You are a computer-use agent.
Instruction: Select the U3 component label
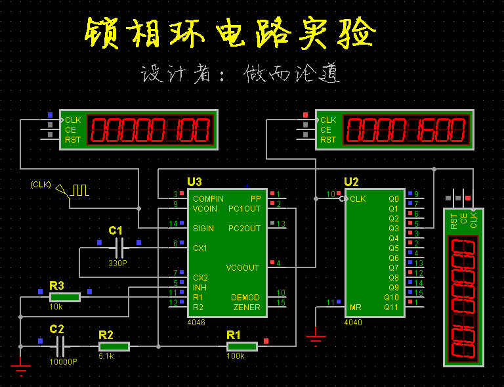coord(194,182)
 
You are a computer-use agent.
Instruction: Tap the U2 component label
coord(352,182)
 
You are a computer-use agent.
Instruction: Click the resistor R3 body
coord(64,297)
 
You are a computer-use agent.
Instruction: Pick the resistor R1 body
coord(241,346)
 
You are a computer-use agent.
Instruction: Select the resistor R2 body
coord(114,346)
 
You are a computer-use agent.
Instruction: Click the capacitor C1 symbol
coord(119,248)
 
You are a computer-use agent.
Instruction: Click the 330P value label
coord(118,263)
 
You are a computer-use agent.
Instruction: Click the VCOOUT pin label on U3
coord(243,268)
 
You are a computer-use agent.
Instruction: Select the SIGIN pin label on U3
coord(203,229)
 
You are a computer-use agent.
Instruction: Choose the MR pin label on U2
coord(355,307)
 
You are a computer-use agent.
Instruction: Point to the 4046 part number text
coord(196,323)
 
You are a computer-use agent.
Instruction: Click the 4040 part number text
coord(352,323)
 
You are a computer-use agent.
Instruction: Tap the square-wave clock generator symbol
coord(79,191)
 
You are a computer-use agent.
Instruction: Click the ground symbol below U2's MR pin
coord(316,338)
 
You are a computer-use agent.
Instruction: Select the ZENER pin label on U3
coord(247,307)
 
